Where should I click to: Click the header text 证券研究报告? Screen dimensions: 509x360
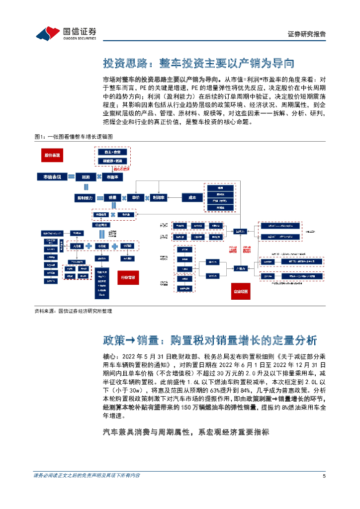pyautogui.click(x=307, y=34)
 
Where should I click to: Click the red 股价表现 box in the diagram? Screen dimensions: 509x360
pyautogui.click(x=52, y=156)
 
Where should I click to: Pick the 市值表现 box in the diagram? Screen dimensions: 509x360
pyautogui.click(x=52, y=176)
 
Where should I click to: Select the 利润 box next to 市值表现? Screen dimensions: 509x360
pyautogui.click(x=86, y=176)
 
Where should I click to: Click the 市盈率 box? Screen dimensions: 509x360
pyautogui.click(x=113, y=176)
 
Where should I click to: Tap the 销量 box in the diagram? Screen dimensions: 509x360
pyautogui.click(x=113, y=197)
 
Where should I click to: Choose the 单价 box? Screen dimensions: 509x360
pyautogui.click(x=135, y=197)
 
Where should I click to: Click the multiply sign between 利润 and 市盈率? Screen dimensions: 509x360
pyautogui.click(x=99, y=176)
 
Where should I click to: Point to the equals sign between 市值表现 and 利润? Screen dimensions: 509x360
pyautogui.click(x=71, y=176)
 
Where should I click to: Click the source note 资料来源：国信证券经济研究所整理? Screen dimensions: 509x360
pyautogui.click(x=73, y=311)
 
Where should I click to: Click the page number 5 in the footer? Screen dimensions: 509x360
pyautogui.click(x=324, y=476)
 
